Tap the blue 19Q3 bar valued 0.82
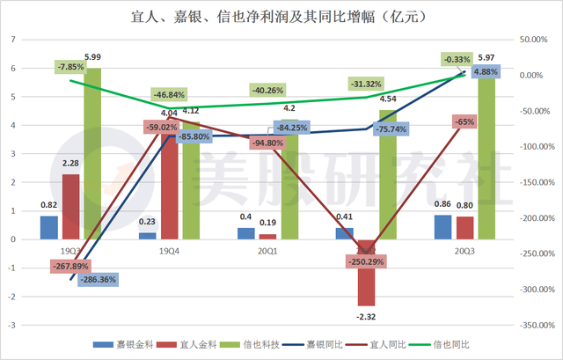click(x=49, y=227)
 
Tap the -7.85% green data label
click(x=69, y=66)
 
